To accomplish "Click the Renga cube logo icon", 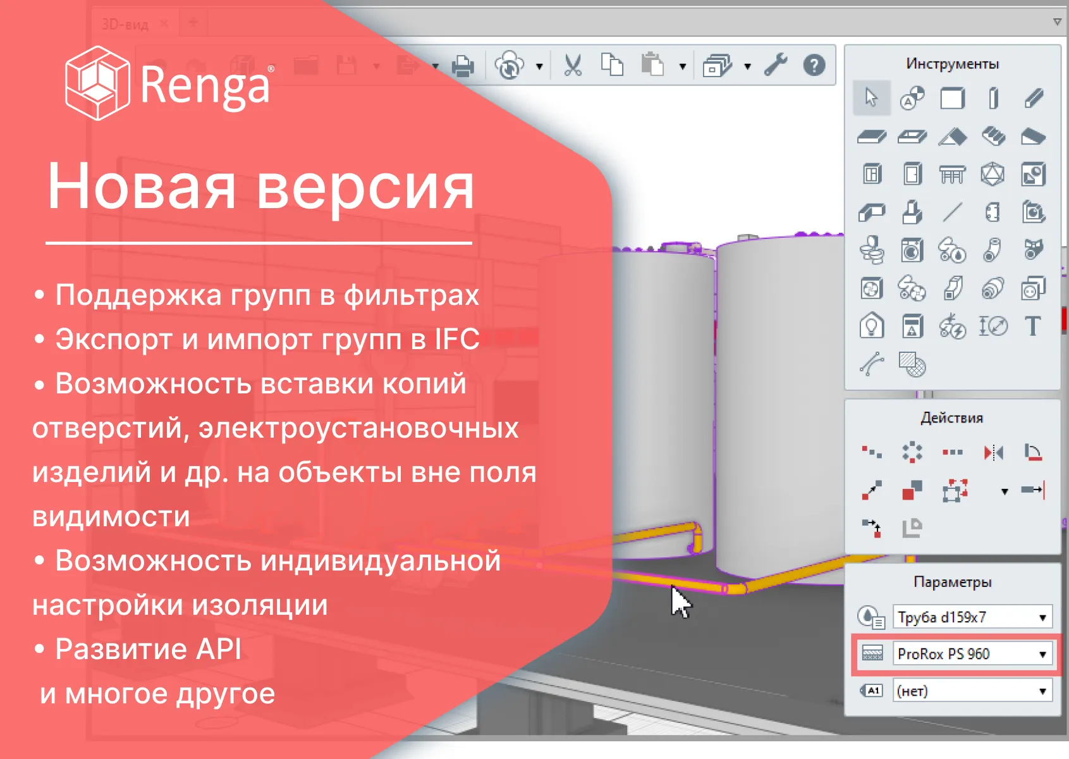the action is pyautogui.click(x=97, y=83).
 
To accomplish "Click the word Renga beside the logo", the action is pyautogui.click(x=205, y=85).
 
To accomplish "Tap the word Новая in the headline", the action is pyautogui.click(x=141, y=186).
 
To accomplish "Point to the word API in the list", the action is pyautogui.click(x=219, y=649).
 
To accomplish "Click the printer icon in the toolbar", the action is pyautogui.click(x=463, y=66).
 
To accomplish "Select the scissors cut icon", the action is pyautogui.click(x=573, y=65).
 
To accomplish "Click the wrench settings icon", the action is pyautogui.click(x=776, y=65).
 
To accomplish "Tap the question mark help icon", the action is pyautogui.click(x=814, y=65).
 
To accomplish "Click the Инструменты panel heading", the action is pyautogui.click(x=953, y=63).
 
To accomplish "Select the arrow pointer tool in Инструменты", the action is pyautogui.click(x=871, y=98).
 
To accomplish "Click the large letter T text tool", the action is pyautogui.click(x=1033, y=326).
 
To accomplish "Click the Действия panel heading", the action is pyautogui.click(x=951, y=417).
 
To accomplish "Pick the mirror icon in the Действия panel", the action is pyautogui.click(x=994, y=452).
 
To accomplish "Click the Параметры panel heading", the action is pyautogui.click(x=953, y=582).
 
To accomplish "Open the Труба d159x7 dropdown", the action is pyautogui.click(x=973, y=617).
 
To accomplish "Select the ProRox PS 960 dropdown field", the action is pyautogui.click(x=973, y=653).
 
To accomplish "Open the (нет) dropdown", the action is pyautogui.click(x=973, y=691).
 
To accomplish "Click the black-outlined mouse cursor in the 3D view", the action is pyautogui.click(x=680, y=602).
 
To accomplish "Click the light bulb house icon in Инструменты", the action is pyautogui.click(x=871, y=326).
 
